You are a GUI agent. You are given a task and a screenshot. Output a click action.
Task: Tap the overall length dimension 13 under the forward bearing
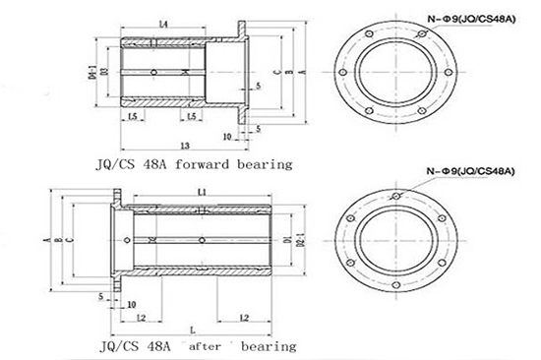[184, 146]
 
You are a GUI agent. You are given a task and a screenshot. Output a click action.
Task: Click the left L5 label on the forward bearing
[131, 117]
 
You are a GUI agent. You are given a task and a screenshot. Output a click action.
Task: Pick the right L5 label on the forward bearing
[194, 117]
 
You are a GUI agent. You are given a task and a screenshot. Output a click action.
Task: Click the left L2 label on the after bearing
[142, 317]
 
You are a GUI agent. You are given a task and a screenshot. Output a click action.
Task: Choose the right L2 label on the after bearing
[242, 317]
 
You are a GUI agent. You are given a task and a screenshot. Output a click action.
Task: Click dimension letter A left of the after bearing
[45, 239]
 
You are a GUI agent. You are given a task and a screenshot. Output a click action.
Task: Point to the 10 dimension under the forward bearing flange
[227, 136]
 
